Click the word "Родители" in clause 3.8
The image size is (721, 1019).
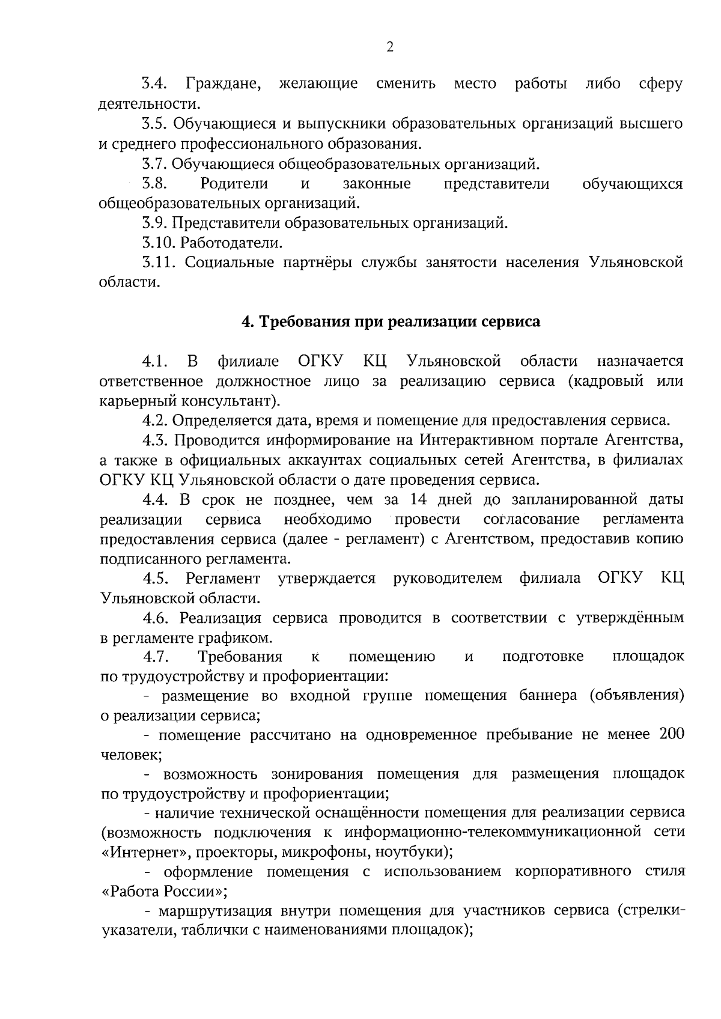tap(234, 183)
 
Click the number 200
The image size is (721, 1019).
tap(672, 735)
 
